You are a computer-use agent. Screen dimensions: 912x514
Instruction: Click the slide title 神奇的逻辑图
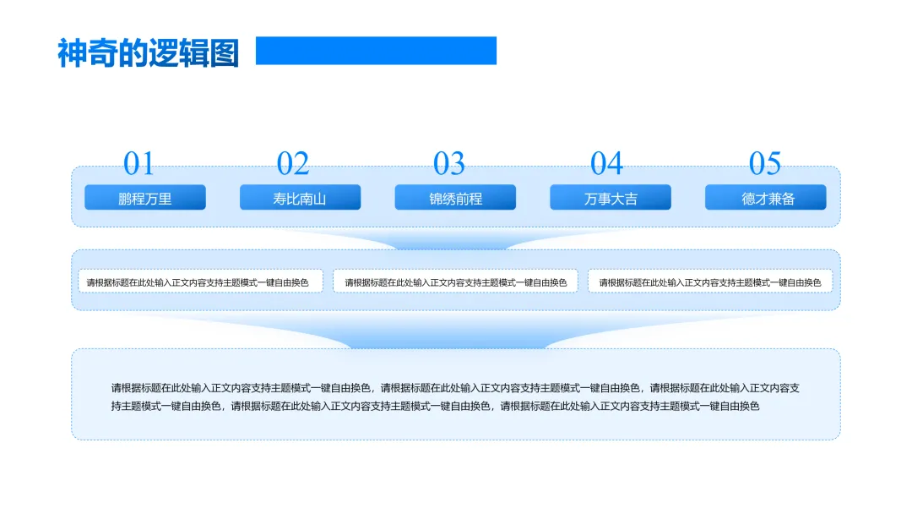(148, 52)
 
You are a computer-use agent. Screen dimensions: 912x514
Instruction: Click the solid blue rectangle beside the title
(376, 51)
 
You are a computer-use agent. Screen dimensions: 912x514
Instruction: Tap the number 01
(139, 163)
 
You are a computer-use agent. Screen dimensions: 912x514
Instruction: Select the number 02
(293, 163)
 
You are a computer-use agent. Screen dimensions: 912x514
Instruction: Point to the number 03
(449, 163)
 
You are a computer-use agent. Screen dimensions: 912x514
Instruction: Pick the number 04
(606, 163)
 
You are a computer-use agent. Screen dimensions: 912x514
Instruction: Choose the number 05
(765, 163)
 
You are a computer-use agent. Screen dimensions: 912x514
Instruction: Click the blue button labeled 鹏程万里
(145, 198)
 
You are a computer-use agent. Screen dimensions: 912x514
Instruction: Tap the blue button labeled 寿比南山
(300, 198)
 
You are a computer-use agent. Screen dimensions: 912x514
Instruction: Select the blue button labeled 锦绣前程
(455, 198)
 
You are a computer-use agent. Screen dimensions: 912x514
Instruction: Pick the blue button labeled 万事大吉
(611, 198)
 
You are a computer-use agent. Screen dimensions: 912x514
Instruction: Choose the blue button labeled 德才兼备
(766, 198)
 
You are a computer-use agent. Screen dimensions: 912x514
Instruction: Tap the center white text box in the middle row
(456, 282)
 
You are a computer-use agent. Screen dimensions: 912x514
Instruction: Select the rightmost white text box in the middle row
(710, 282)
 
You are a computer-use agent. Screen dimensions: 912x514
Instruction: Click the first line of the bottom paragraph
(455, 388)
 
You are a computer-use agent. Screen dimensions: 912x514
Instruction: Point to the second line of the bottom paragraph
(436, 406)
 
